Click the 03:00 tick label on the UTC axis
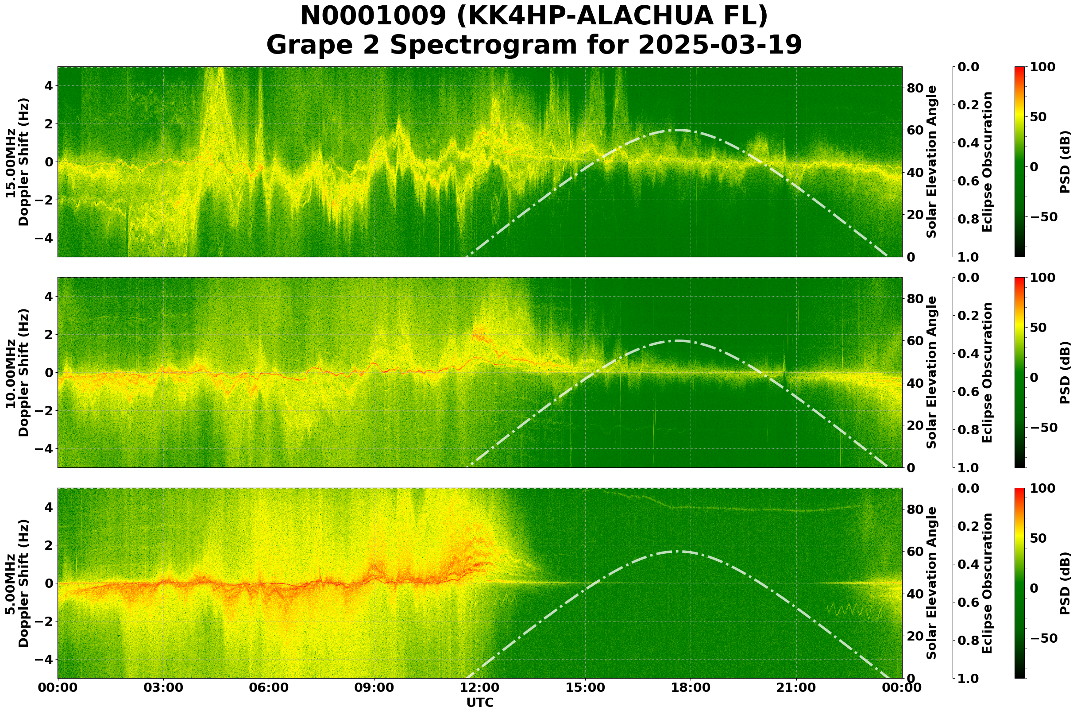163,687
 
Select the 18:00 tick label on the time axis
691,687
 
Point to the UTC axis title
479,702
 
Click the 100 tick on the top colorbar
1042,67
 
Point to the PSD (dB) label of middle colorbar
1064,372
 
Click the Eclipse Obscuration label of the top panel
987,162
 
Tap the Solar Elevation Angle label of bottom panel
932,583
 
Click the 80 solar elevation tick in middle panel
915,299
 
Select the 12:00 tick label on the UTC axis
479,687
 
